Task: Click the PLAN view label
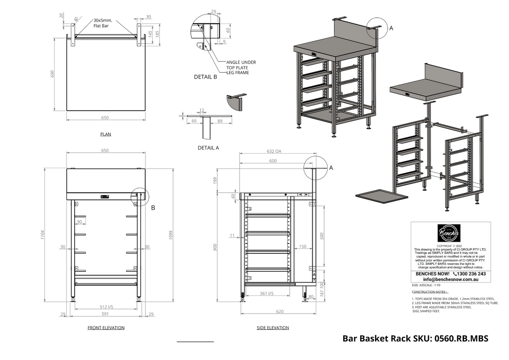click(106, 134)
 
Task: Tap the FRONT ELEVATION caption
click(106, 328)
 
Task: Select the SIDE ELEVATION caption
click(273, 328)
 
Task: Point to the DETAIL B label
click(205, 77)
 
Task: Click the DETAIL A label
click(208, 148)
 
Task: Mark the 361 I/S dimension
click(266, 293)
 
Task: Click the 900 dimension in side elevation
click(215, 246)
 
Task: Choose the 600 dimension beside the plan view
click(53, 73)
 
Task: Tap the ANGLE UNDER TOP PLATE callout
click(241, 65)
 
